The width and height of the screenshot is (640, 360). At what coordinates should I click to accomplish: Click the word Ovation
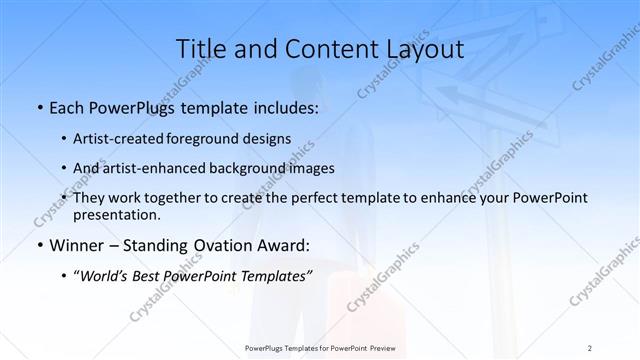[224, 245]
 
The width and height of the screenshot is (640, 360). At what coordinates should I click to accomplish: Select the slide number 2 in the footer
[590, 347]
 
